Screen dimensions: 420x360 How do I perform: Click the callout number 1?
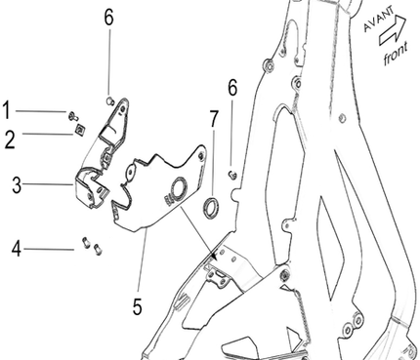6,110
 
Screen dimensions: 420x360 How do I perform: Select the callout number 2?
10,140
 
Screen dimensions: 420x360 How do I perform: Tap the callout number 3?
17,185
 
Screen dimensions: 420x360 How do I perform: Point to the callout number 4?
17,249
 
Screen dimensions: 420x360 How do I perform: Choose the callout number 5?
138,306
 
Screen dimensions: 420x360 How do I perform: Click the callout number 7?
214,119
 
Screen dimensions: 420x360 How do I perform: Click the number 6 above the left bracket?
108,17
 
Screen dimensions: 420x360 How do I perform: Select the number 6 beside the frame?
232,88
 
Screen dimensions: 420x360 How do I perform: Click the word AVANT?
378,19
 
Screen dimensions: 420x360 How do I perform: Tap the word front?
396,54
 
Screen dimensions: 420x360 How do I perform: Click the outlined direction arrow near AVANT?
393,30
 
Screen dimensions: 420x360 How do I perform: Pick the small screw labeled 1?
73,116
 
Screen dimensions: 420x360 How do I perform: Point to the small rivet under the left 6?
110,100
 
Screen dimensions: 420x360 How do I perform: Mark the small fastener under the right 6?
232,175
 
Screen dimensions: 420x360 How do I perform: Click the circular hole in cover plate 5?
179,189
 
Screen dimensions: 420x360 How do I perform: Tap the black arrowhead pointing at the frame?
213,256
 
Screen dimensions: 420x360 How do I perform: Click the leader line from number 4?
49,250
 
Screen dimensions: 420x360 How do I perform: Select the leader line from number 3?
48,184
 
